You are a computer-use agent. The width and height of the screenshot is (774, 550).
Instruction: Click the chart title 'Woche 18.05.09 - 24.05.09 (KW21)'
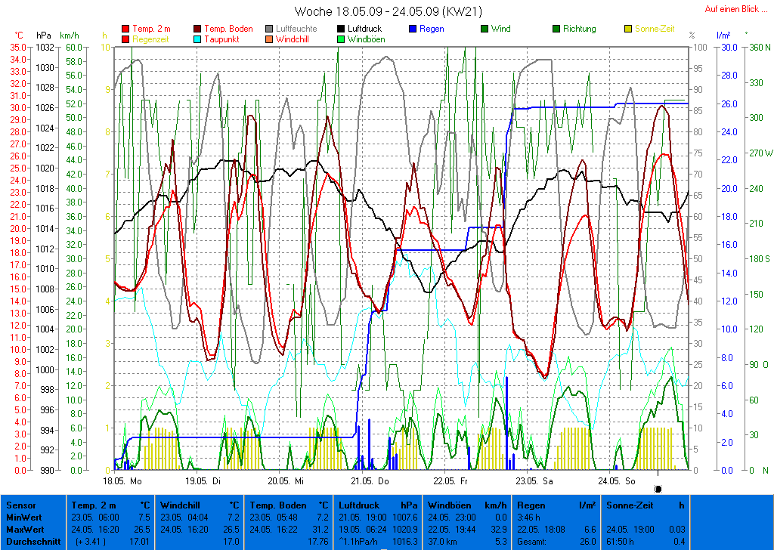coord(388,11)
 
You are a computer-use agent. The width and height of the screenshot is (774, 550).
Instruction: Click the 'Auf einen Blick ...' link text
coord(732,9)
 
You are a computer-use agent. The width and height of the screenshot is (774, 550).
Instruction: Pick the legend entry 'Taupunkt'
coord(220,39)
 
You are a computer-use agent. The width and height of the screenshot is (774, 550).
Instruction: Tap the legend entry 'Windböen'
coord(367,39)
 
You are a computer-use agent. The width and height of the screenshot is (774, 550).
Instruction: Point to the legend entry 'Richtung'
coord(579,29)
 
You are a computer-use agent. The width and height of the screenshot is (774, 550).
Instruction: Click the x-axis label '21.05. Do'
coord(370,480)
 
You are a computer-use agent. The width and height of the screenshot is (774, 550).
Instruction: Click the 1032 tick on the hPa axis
coord(44,47)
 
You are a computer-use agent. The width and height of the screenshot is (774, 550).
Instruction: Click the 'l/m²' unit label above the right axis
coord(723,36)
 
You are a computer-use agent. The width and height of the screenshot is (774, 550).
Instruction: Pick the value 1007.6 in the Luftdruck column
coord(404,518)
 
